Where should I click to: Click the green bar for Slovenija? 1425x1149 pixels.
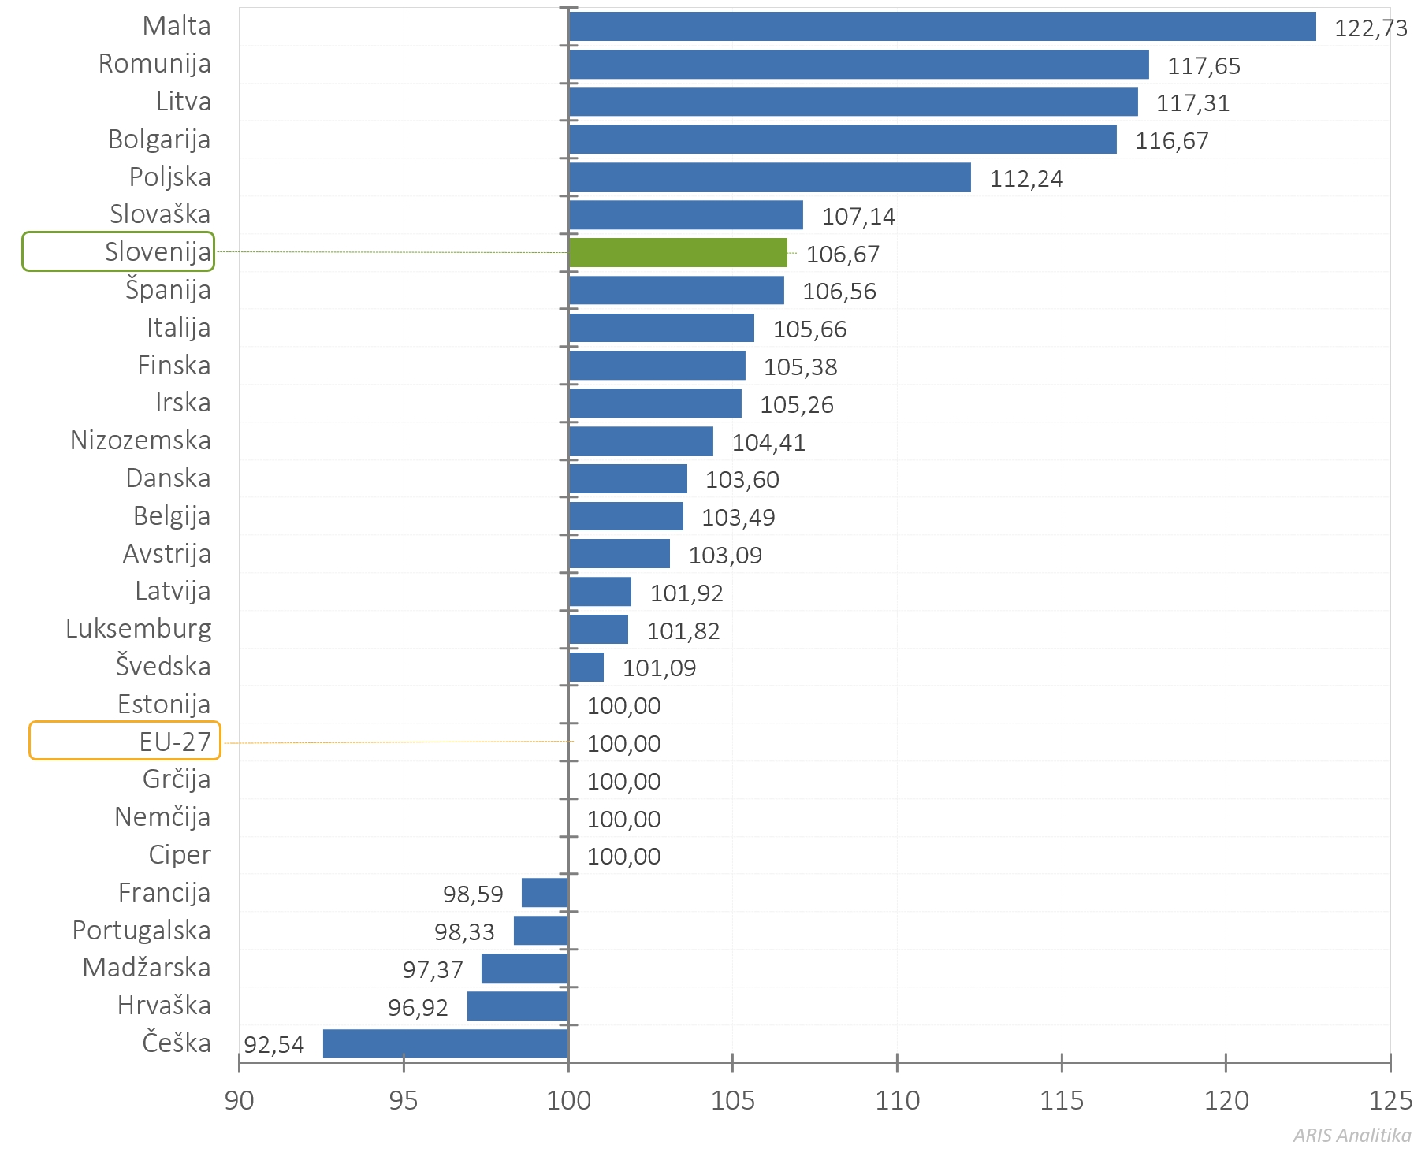[678, 253]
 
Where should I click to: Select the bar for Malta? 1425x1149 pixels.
[942, 27]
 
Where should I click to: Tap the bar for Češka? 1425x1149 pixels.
[445, 1043]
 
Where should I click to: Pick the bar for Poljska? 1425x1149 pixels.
[769, 177]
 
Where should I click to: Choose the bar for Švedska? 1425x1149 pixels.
[586, 667]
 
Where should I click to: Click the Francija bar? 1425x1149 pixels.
[545, 893]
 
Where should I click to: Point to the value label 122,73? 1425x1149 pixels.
[1371, 28]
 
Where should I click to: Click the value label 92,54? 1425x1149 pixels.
[273, 1045]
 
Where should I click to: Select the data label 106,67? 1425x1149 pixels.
[843, 255]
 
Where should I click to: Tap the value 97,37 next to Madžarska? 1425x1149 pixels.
[433, 969]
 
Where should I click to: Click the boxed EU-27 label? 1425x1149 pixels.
[175, 742]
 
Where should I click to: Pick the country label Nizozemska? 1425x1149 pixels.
[140, 441]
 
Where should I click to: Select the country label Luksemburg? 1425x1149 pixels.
[139, 629]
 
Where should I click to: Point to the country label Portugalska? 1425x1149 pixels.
[142, 931]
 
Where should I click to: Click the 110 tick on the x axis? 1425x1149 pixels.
[897, 1100]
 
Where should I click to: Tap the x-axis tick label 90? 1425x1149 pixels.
[239, 1100]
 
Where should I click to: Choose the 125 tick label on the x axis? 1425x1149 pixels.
[1390, 1100]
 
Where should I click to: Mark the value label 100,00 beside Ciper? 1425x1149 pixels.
[623, 857]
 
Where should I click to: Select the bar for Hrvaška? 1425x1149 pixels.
[518, 1006]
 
